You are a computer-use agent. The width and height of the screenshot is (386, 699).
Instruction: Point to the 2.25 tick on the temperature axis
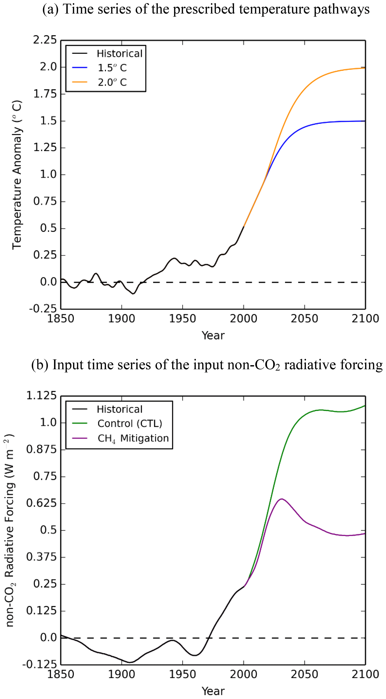point(45,40)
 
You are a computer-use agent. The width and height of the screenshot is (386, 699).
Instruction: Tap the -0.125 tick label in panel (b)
point(40,664)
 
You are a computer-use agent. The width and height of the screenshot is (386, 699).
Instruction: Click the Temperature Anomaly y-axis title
point(17,175)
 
